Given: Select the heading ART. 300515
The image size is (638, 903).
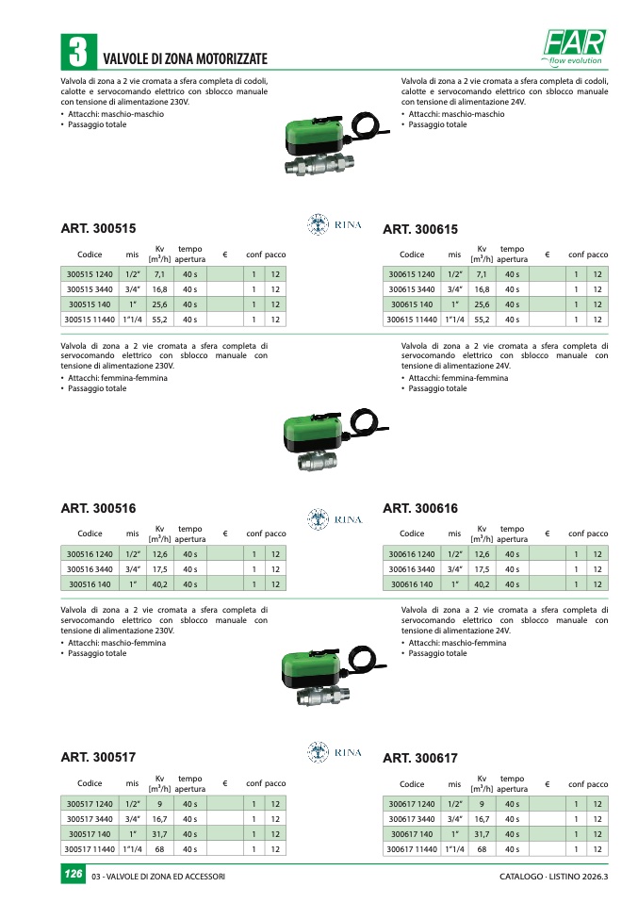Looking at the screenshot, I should (x=98, y=229).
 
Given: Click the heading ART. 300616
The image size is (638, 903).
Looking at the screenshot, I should (x=420, y=509).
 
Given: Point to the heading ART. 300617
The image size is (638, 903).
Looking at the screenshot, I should (x=420, y=759).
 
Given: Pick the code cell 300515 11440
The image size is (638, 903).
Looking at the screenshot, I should (x=90, y=320).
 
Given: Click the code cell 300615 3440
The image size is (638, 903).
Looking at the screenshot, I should (x=413, y=289).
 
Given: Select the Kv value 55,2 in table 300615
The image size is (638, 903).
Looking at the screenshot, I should (x=483, y=320).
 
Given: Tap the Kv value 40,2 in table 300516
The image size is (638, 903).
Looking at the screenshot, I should (x=160, y=584).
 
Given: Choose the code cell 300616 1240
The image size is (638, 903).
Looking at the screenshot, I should (x=413, y=554).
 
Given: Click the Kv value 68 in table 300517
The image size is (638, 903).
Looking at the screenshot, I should (x=160, y=849).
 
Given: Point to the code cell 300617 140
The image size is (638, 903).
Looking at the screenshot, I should (x=413, y=834).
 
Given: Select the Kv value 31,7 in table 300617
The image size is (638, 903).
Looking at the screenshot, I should (x=483, y=834).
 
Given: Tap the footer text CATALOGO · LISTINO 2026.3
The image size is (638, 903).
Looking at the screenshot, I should (x=554, y=878).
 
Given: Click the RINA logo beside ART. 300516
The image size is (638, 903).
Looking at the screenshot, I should (x=335, y=518).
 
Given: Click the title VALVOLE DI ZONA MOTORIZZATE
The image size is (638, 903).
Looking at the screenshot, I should (x=185, y=58).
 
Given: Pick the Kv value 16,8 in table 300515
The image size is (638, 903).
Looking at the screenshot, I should (x=160, y=289).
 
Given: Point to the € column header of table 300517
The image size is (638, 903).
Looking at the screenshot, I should (x=225, y=784).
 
